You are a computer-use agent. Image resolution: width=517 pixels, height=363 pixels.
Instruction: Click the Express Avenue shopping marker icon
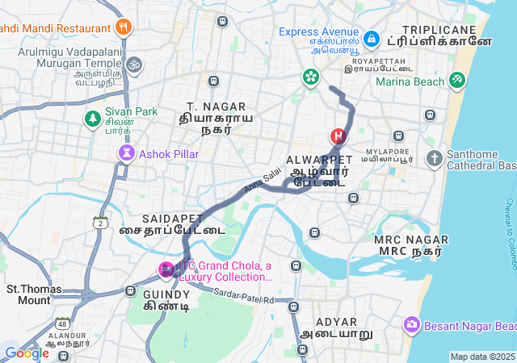(371, 38)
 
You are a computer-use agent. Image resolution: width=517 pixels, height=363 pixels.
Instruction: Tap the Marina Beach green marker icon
(458, 80)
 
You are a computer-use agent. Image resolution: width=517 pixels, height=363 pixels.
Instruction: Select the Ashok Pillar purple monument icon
(126, 152)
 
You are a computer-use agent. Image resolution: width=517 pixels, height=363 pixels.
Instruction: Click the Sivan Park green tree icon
(93, 119)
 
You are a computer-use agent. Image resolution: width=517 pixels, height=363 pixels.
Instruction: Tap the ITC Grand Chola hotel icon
(166, 269)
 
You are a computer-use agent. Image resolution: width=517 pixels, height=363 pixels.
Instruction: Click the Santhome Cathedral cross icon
(435, 158)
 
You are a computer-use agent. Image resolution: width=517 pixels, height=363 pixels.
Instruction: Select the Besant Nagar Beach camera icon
(412, 324)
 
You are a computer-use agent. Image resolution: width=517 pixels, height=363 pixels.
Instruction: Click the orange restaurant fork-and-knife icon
(124, 27)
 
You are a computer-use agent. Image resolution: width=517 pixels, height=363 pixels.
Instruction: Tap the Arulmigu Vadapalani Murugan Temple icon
(135, 64)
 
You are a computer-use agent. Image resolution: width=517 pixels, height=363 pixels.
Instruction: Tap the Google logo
(27, 353)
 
